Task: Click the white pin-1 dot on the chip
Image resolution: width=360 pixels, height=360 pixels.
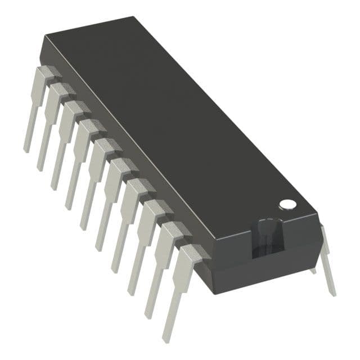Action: tap(287, 204)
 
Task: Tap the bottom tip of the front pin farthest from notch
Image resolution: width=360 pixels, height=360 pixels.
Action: tap(26, 148)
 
